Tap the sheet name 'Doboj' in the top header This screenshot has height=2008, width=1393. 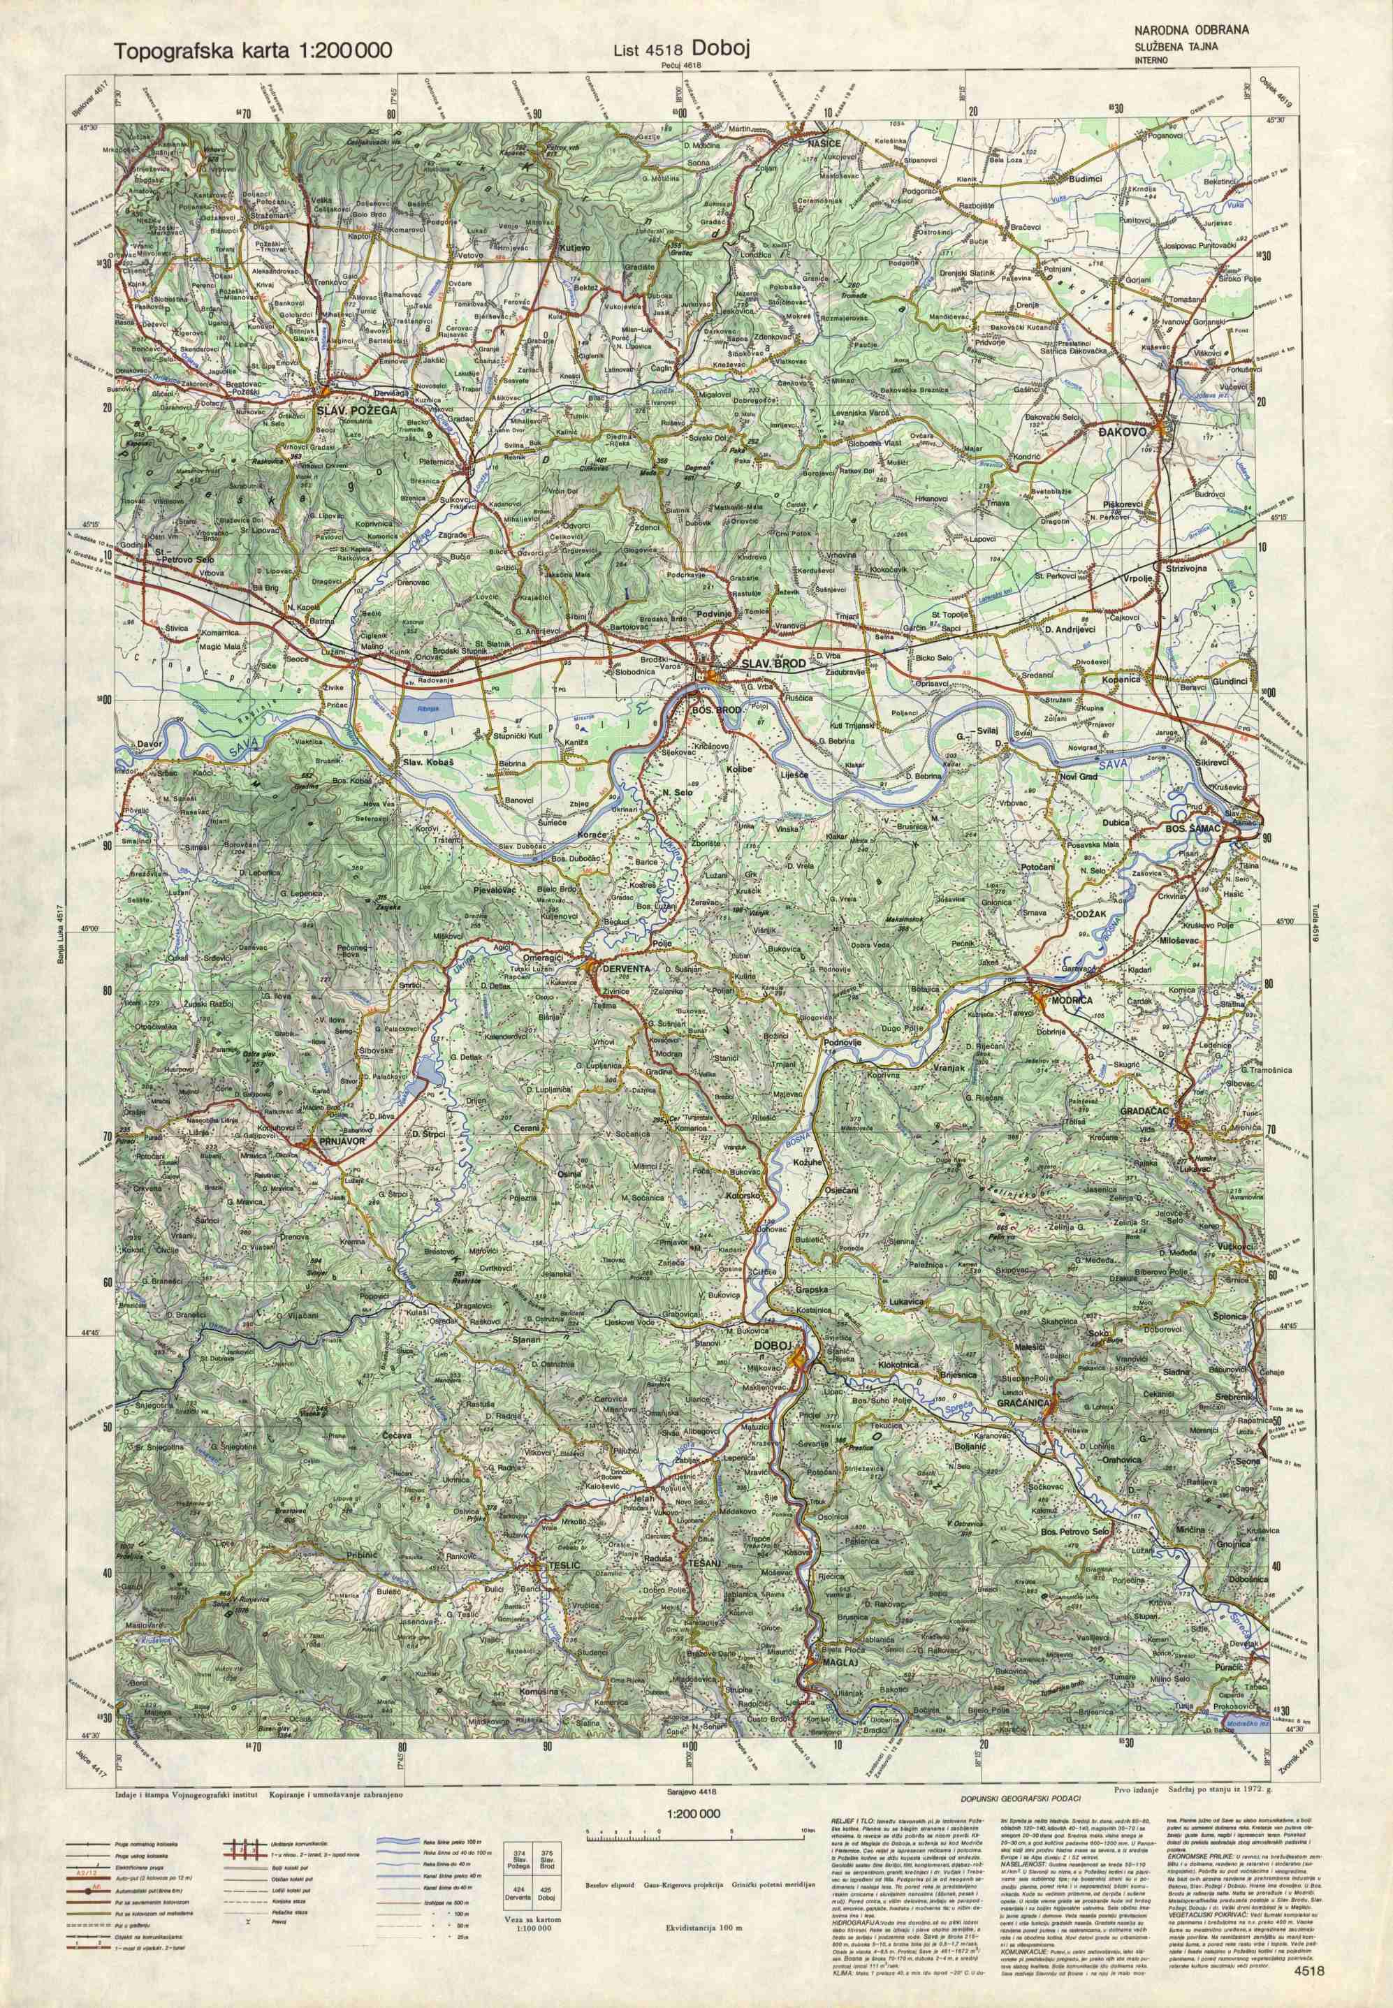pyautogui.click(x=717, y=50)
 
